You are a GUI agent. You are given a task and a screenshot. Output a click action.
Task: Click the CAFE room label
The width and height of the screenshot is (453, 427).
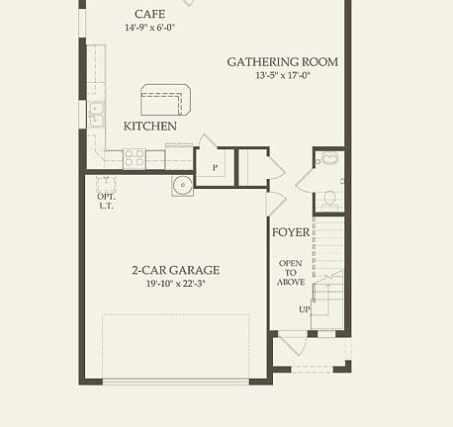click(x=150, y=15)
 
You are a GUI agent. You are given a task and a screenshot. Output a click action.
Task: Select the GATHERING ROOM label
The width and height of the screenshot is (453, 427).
click(x=282, y=61)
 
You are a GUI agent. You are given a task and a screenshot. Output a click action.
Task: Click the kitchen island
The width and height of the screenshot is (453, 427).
click(x=164, y=101)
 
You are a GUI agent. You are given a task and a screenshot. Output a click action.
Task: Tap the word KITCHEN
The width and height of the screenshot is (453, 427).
click(x=150, y=127)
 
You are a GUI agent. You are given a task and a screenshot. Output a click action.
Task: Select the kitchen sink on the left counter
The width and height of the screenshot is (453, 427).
click(x=96, y=115)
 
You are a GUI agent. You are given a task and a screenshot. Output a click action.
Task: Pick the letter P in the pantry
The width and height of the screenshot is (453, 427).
click(x=215, y=168)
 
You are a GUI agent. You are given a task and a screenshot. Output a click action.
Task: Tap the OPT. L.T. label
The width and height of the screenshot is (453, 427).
click(x=107, y=200)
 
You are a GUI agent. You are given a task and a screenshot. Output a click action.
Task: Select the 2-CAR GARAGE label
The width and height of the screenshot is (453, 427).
click(x=176, y=270)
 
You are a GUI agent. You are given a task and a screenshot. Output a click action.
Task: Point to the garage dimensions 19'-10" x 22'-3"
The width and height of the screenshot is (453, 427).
click(x=176, y=284)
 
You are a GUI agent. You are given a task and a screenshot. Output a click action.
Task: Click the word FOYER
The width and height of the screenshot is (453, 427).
click(x=291, y=233)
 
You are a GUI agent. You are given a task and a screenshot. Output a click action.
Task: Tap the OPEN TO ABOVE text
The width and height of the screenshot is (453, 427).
click(x=291, y=272)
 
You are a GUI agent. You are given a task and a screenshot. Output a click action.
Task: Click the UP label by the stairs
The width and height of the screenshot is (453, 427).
click(x=305, y=309)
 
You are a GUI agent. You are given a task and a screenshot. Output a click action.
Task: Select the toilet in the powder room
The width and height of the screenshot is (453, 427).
click(x=330, y=198)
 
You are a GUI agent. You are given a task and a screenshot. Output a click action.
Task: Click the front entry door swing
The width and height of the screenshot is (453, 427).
click(x=289, y=346)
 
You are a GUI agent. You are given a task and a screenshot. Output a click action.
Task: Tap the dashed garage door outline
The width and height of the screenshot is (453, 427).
click(x=176, y=346)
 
